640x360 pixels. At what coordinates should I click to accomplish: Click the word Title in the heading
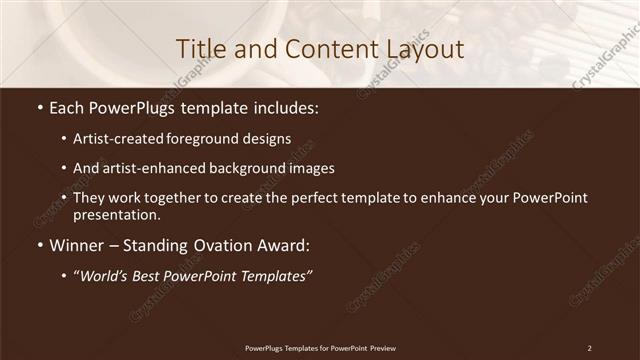[x=200, y=48]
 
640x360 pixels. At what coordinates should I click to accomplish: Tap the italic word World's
[x=106, y=277]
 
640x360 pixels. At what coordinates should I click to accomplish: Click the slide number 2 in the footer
[x=590, y=347]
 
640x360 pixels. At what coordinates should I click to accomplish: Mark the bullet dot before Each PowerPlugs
[x=39, y=106]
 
